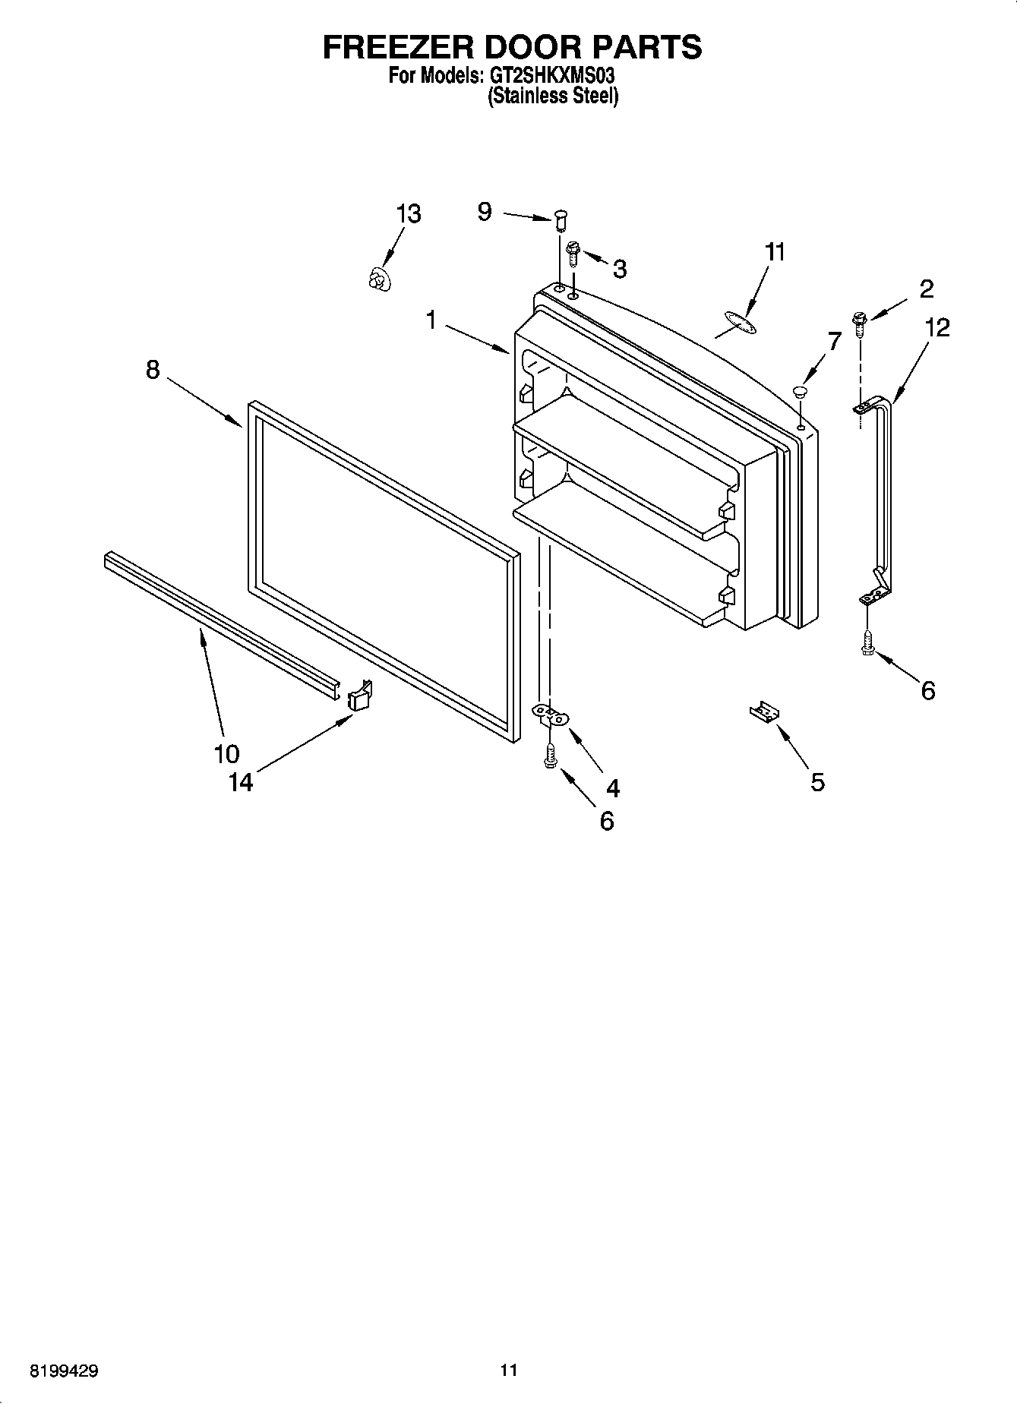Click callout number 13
coord(409,214)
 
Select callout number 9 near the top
coord(485,212)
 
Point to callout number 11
coord(774,252)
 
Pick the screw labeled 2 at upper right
coord(860,323)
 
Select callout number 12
coord(938,328)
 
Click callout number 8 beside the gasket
coord(153,370)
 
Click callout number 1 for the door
coord(431,320)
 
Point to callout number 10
coord(226,753)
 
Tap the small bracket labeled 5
coord(764,713)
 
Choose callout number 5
coord(817,781)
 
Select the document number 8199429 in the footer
coord(65,1371)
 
